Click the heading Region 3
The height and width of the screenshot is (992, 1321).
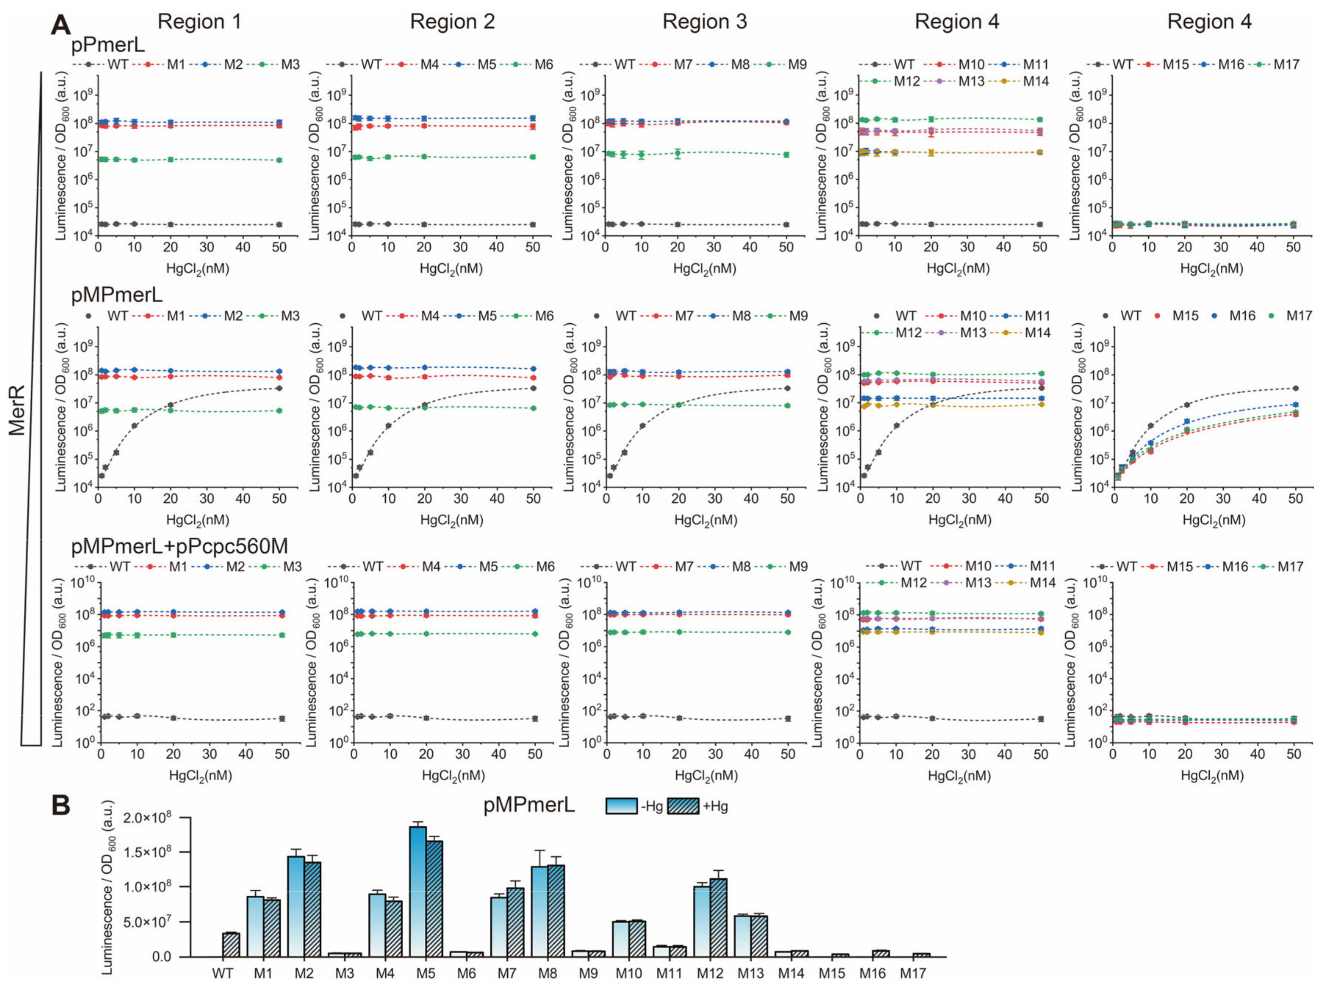pos(704,22)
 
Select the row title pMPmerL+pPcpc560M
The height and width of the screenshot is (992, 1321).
pos(179,546)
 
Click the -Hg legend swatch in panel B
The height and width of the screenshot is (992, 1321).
pos(622,806)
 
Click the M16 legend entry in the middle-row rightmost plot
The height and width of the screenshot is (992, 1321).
pos(1242,316)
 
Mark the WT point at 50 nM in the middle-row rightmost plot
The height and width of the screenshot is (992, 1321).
pos(1295,388)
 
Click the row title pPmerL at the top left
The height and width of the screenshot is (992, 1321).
pos(108,45)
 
